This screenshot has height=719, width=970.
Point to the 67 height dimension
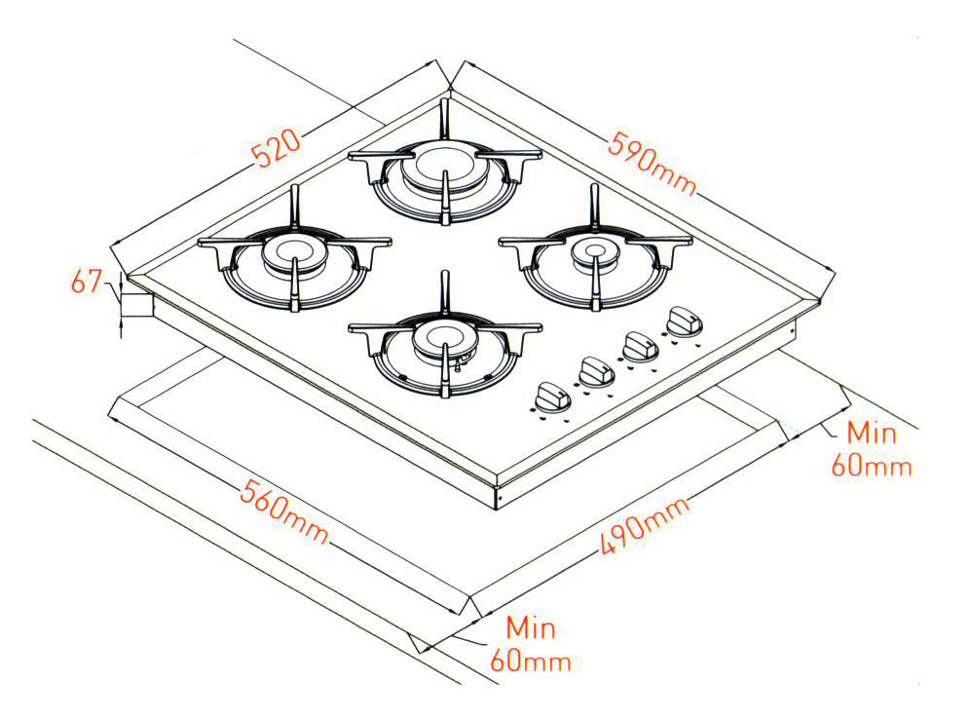[88, 283]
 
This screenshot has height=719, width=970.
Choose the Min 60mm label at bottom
[530, 644]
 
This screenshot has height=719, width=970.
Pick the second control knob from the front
[595, 370]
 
